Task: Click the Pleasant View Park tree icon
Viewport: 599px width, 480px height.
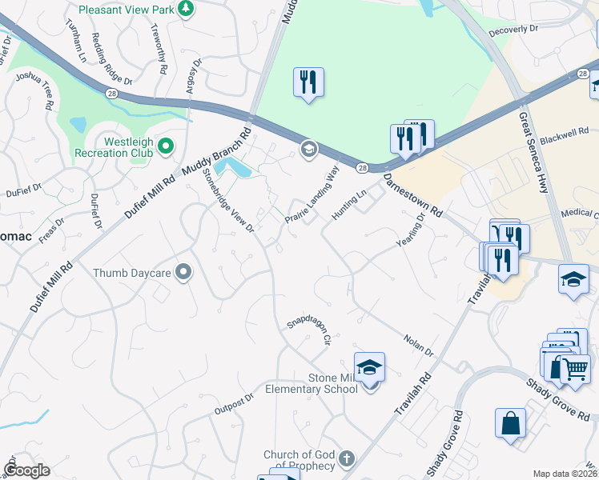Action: pos(186,9)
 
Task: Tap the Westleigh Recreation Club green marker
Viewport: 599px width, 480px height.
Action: pos(166,146)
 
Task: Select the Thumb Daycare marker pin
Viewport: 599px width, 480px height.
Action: pos(183,273)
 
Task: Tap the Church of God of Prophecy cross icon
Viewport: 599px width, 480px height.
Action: pos(346,459)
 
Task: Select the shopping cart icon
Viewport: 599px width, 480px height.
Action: pos(576,368)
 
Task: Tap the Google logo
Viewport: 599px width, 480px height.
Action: pos(26,470)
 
